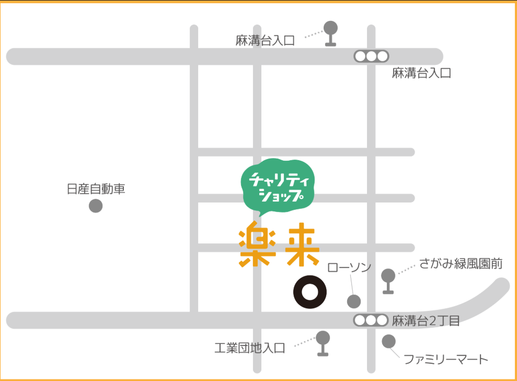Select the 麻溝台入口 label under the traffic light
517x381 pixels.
click(421, 73)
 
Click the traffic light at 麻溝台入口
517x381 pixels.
click(371, 56)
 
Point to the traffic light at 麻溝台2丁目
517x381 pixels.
click(371, 320)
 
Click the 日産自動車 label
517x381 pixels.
click(96, 189)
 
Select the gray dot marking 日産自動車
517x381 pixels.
click(96, 206)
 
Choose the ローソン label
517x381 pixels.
click(349, 268)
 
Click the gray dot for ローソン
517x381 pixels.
click(354, 301)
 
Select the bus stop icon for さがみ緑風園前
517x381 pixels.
click(388, 280)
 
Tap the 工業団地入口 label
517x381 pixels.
click(250, 348)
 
